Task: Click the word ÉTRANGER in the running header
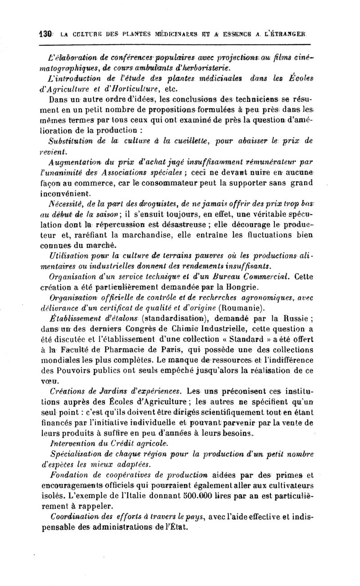point(287,33)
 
